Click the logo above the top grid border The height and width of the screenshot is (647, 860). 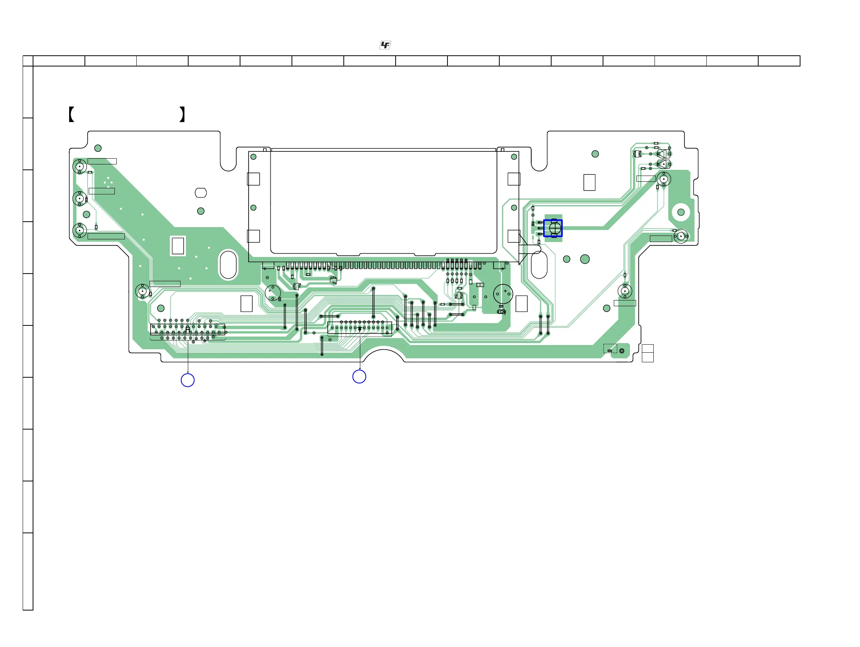point(385,45)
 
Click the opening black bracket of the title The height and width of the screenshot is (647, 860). point(71,114)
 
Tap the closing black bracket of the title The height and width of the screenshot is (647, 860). point(182,114)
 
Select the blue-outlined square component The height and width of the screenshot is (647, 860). point(552,228)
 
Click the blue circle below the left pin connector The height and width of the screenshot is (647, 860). point(188,380)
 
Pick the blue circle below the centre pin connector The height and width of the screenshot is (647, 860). point(359,377)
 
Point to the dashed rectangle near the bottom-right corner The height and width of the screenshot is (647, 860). point(610,348)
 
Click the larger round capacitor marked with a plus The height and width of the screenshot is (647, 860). point(503,294)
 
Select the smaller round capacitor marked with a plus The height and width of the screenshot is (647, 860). point(273,292)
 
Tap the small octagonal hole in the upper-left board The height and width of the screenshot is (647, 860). point(201,192)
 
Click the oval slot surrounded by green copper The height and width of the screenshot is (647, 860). point(228,264)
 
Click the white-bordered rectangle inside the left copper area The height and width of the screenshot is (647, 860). point(178,246)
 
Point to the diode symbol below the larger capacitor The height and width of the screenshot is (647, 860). point(502,312)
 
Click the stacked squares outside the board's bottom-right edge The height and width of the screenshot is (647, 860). point(647,353)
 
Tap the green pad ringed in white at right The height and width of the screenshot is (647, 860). point(681,212)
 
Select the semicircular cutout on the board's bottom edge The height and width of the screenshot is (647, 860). point(384,356)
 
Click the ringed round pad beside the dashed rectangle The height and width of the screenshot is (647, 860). point(622,351)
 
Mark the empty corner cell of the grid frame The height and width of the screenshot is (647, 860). point(28,61)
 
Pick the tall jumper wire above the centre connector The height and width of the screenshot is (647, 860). point(373,302)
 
